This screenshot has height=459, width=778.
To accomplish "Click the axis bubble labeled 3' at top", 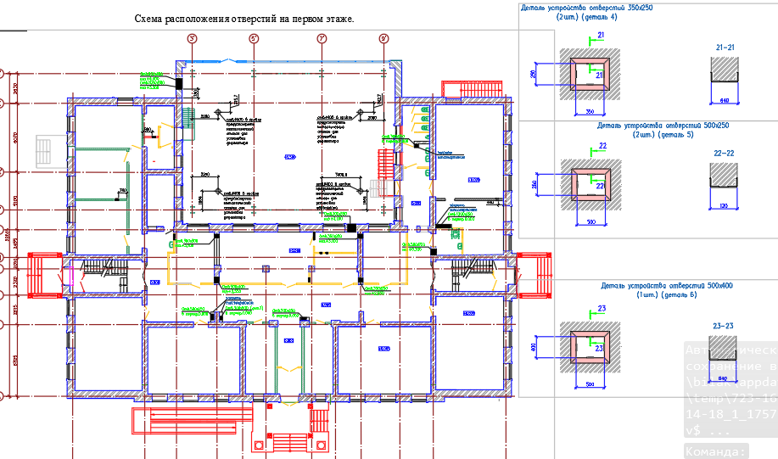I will tap(193, 39).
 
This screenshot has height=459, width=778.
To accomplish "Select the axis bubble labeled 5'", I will tap(254, 39).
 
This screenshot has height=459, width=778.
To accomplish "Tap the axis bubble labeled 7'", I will tap(322, 39).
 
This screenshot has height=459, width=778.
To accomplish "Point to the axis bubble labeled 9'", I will tap(383, 39).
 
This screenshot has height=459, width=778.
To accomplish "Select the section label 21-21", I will tap(725, 48).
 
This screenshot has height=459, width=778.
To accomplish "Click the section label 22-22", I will tap(725, 154).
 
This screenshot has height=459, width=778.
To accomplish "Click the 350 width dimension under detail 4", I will tap(589, 111).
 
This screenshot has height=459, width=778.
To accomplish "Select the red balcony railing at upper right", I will tap(465, 87).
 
